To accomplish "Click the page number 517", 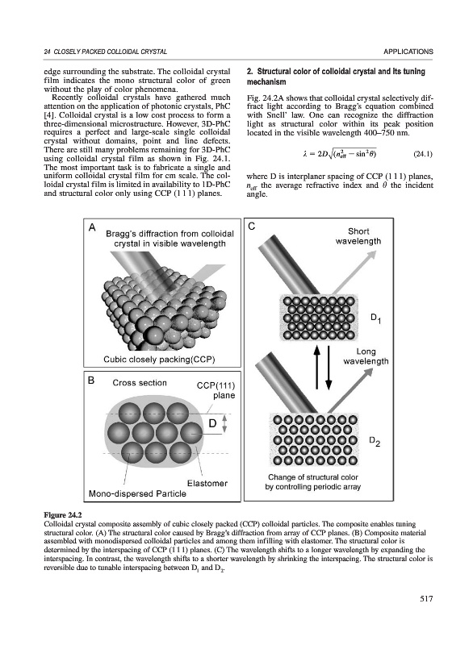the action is click(x=426, y=599).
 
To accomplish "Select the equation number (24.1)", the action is click(x=422, y=154).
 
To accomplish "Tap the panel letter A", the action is click(x=92, y=227).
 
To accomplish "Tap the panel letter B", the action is click(x=91, y=380).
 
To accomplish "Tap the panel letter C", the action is click(x=252, y=227).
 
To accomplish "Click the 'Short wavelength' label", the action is click(x=358, y=236).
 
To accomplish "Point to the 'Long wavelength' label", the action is click(x=366, y=356).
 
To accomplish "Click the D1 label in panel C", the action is click(x=375, y=318).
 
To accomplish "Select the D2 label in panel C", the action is click(x=375, y=441).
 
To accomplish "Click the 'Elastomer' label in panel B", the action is click(x=207, y=483).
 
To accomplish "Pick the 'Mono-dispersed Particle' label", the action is click(x=137, y=493).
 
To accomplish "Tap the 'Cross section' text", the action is click(x=140, y=382).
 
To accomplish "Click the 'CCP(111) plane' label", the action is click(x=216, y=390).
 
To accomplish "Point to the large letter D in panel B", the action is click(x=212, y=422).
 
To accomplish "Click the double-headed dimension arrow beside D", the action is click(x=224, y=423).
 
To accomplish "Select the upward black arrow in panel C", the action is click(x=317, y=366).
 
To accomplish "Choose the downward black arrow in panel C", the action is click(x=329, y=368).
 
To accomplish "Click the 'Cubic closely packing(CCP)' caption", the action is click(x=159, y=360).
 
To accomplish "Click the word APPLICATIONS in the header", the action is click(x=408, y=52).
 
